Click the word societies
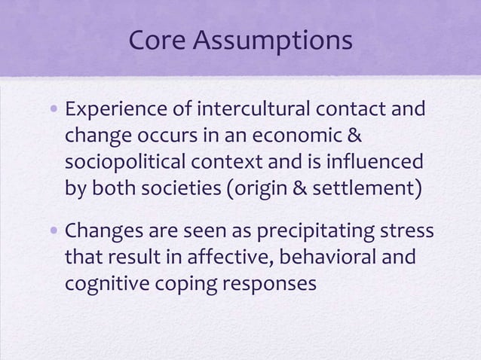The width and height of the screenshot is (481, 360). pyautogui.click(x=185, y=188)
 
